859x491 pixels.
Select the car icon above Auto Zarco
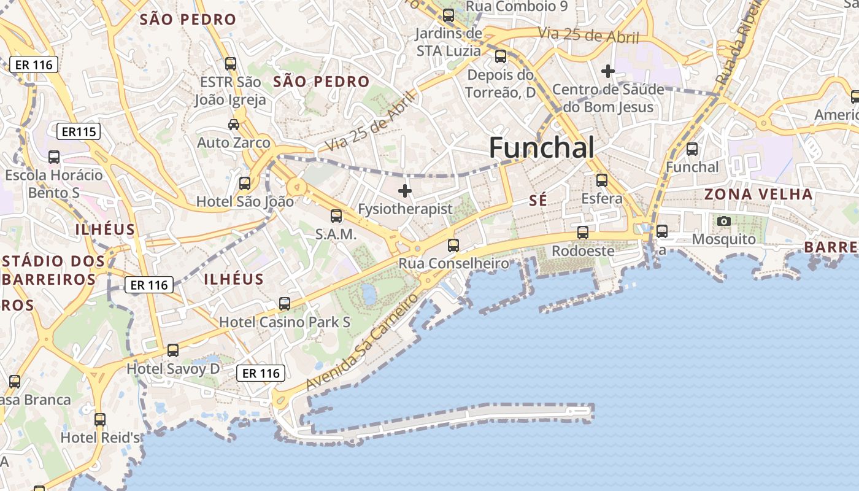[x=234, y=125]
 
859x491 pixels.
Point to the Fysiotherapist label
[x=405, y=209]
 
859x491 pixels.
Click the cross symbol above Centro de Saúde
[x=608, y=71]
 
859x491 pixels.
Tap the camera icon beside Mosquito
[x=724, y=221]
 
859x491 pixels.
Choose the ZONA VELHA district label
[x=758, y=195]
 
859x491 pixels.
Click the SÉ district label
[x=538, y=201]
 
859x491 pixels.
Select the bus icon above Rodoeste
[x=583, y=233]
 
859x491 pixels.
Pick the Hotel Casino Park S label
[x=285, y=322]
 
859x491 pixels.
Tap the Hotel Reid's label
[x=100, y=438]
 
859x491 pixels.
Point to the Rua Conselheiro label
[x=453, y=263]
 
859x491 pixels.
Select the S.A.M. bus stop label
[x=336, y=234]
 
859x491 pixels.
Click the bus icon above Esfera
[x=602, y=180]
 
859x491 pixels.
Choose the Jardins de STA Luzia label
[x=449, y=42]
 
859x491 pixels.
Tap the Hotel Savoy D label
[x=172, y=368]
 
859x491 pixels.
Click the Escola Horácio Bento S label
[x=54, y=184]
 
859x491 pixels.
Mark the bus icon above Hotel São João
[x=245, y=183]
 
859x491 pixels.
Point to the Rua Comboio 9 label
[x=517, y=6]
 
